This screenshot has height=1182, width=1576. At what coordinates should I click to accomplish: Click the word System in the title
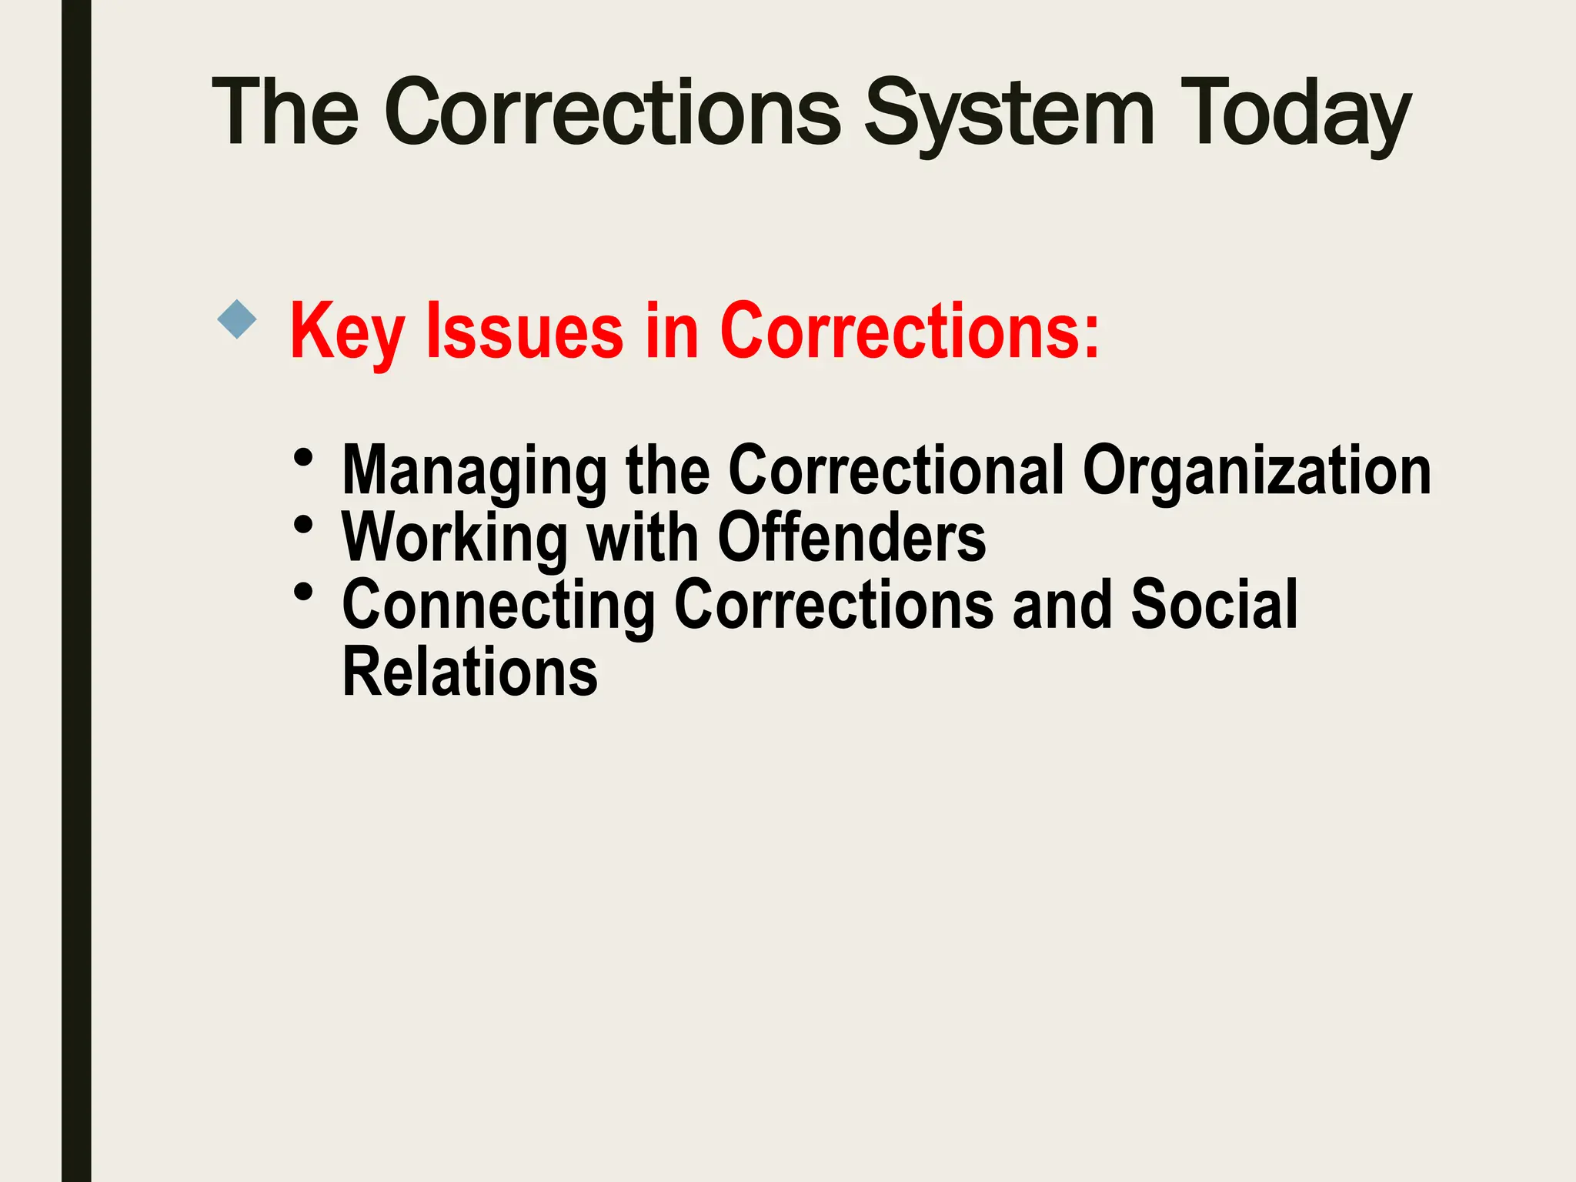click(1009, 114)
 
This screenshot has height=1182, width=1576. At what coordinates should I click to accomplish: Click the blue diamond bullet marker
click(237, 319)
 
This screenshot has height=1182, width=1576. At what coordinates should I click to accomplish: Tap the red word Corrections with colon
click(910, 331)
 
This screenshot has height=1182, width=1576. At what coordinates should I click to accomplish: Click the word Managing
click(474, 471)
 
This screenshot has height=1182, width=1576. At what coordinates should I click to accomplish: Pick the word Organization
click(1256, 471)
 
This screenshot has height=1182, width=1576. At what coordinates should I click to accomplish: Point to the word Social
click(1214, 605)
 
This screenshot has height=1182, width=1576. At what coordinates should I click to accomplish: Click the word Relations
click(469, 673)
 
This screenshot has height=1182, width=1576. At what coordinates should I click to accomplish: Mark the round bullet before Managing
click(304, 458)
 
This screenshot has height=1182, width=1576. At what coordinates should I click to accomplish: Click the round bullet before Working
click(304, 525)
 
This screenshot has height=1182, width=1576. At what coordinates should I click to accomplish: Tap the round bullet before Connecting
click(304, 593)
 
